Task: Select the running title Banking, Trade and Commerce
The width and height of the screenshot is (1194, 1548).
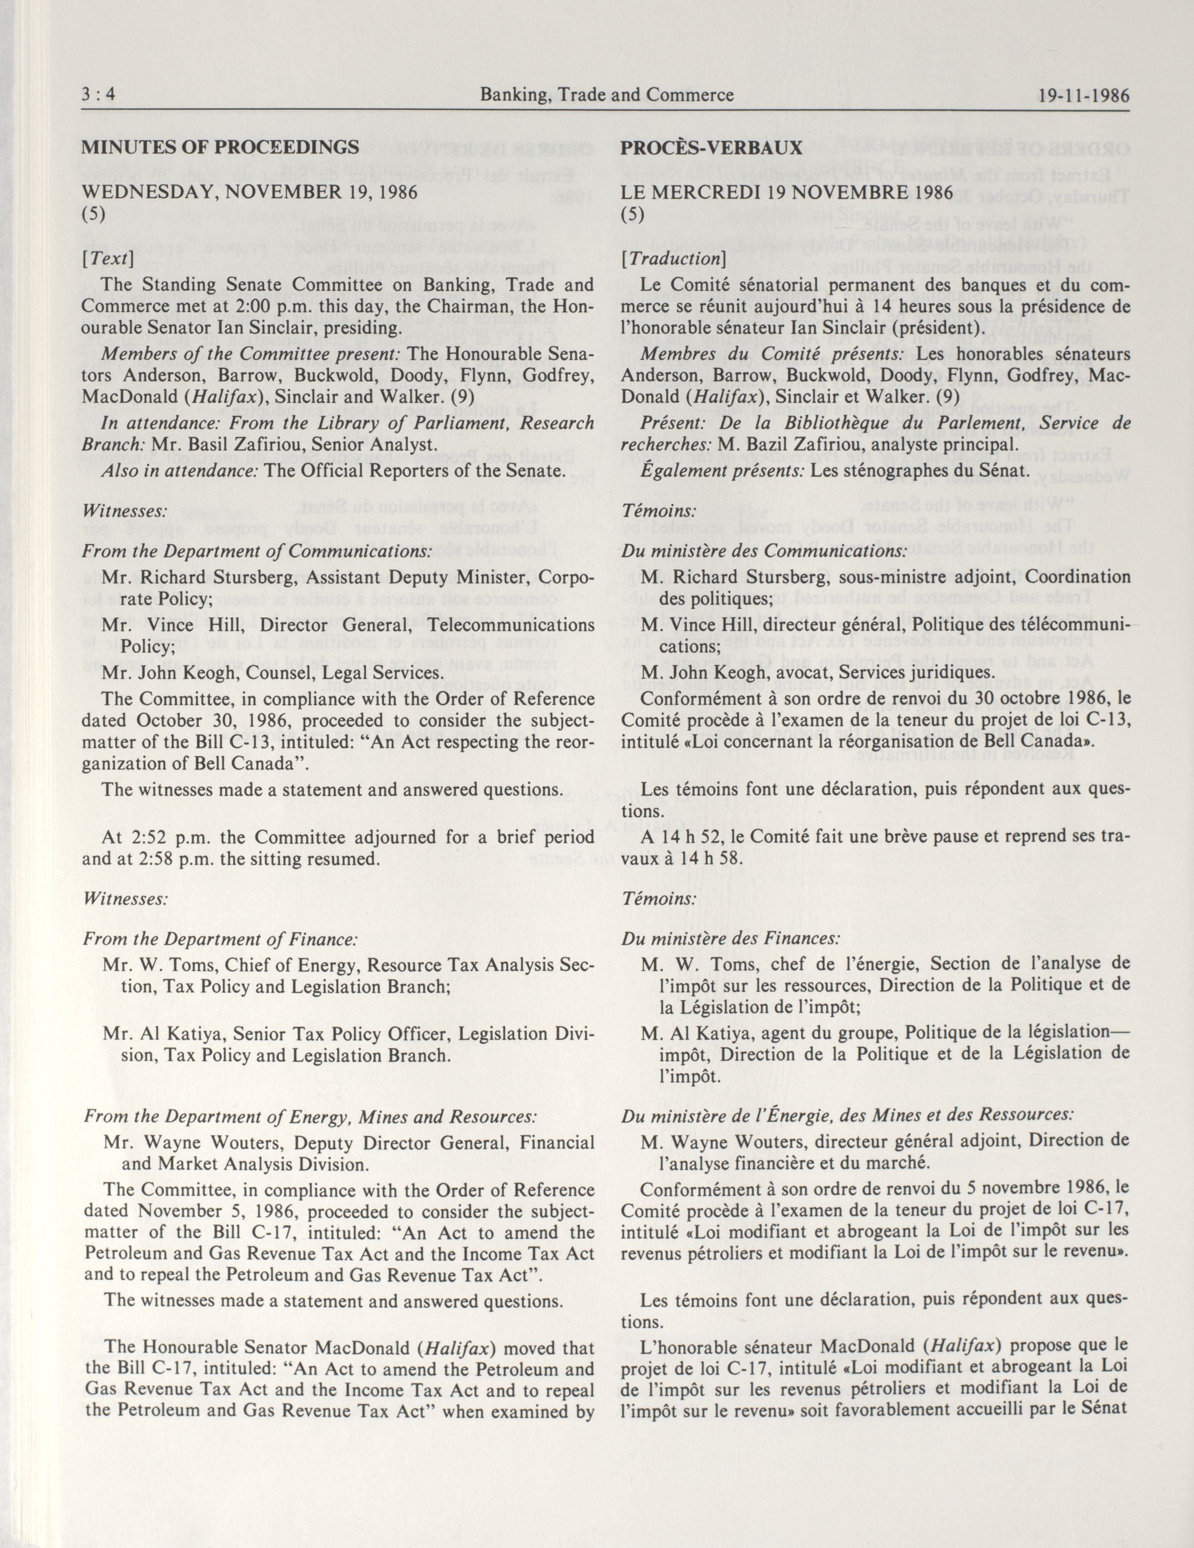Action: point(606,95)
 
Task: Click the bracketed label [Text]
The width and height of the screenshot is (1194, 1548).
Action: point(108,258)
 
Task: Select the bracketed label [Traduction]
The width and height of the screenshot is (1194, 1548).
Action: point(670,258)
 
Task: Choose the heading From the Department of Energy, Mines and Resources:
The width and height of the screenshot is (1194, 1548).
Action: point(310,1116)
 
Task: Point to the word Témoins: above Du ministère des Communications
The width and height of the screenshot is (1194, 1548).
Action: point(659,510)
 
